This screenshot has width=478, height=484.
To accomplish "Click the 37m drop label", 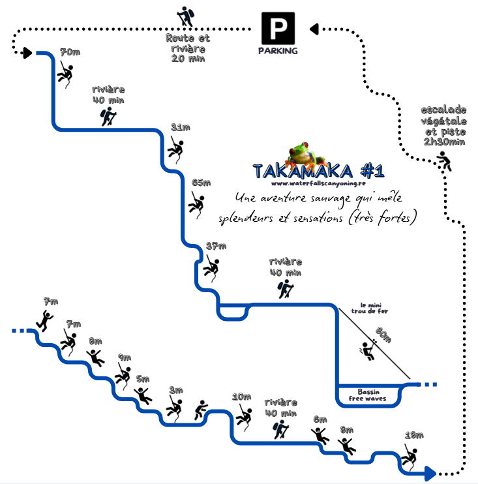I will [216, 247].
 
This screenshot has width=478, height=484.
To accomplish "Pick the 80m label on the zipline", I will [384, 334].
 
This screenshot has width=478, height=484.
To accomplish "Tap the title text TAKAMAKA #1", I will [318, 172].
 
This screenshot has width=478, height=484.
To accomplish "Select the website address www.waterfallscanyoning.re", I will [317, 185].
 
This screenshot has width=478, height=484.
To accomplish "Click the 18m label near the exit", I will [414, 436].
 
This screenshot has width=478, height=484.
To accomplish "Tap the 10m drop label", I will [242, 397].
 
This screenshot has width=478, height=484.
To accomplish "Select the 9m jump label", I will [125, 357].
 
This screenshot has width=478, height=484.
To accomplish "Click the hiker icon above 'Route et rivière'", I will [187, 16].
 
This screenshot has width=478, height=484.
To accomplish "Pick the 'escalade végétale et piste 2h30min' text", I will [443, 125].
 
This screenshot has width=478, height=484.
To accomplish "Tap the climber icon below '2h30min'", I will [445, 161].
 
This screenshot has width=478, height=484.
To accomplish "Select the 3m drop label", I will [176, 390].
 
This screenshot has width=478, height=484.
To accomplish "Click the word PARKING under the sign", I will [278, 51].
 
